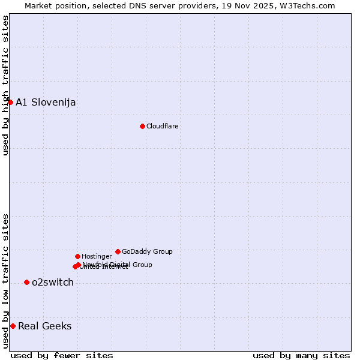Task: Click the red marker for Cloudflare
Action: click(142, 126)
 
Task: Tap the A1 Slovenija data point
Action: click(10, 102)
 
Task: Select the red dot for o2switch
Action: click(26, 282)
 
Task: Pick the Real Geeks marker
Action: click(13, 326)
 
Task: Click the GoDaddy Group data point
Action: click(118, 251)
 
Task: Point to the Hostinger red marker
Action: click(77, 256)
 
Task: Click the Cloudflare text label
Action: click(162, 126)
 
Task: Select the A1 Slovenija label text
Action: click(46, 102)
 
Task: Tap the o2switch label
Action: click(52, 282)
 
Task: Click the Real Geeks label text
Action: click(44, 326)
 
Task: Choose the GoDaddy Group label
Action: click(147, 251)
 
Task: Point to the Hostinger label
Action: click(97, 256)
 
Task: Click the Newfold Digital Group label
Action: click(117, 264)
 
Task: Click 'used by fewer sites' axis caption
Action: click(62, 355)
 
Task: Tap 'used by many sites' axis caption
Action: click(301, 355)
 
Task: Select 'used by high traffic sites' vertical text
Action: click(5, 85)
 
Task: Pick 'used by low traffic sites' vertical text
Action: click(5, 280)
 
